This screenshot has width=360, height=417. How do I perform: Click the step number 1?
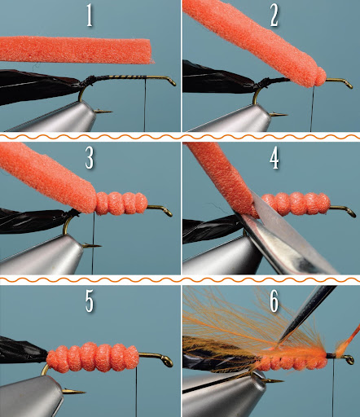coord(90,16)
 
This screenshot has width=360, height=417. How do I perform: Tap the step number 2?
coord(274,16)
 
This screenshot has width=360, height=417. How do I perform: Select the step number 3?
coord(90,158)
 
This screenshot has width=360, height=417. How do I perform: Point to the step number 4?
coord(274,159)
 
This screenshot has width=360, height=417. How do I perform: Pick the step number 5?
coord(90,301)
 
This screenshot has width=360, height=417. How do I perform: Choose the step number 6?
coord(274,301)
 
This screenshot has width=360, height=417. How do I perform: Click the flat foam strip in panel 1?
coord(76,50)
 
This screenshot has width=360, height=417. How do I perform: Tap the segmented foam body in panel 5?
coord(93,358)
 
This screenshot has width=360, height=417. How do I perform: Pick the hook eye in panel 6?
coord(349,359)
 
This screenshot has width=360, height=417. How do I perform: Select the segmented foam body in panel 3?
coord(121,204)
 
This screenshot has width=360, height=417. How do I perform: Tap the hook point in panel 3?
coord(92,246)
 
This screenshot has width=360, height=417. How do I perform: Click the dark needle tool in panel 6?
coord(307,315)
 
